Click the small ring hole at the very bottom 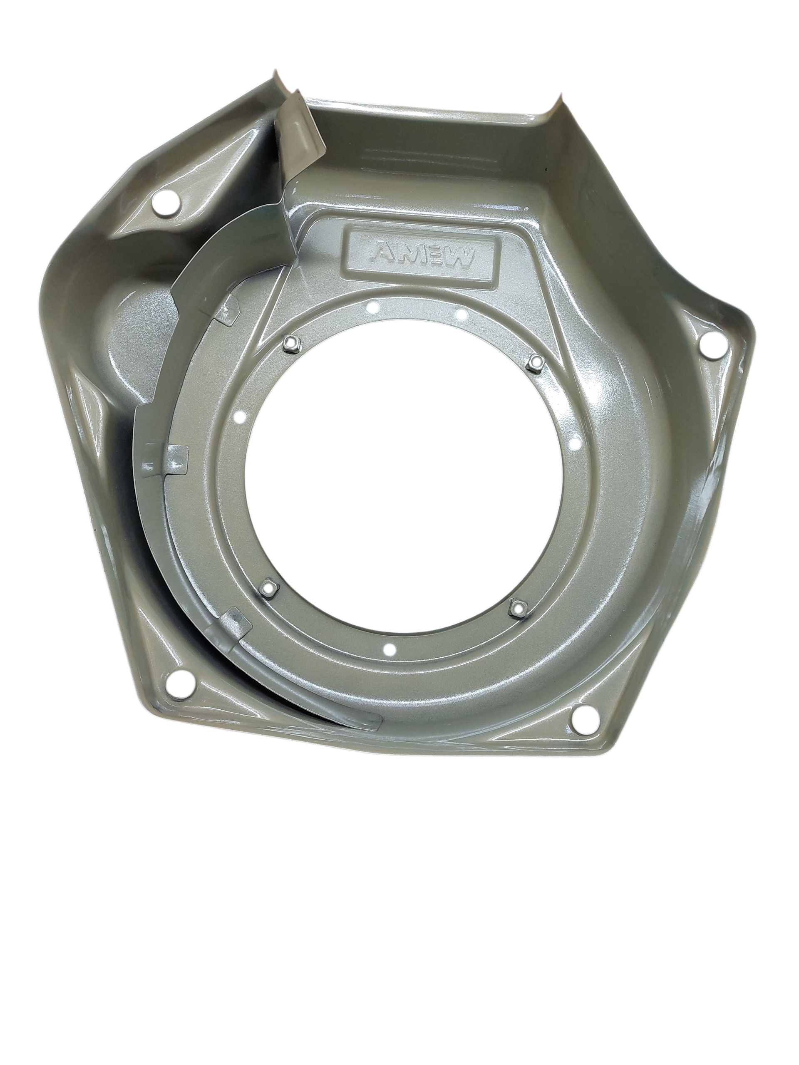390,650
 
